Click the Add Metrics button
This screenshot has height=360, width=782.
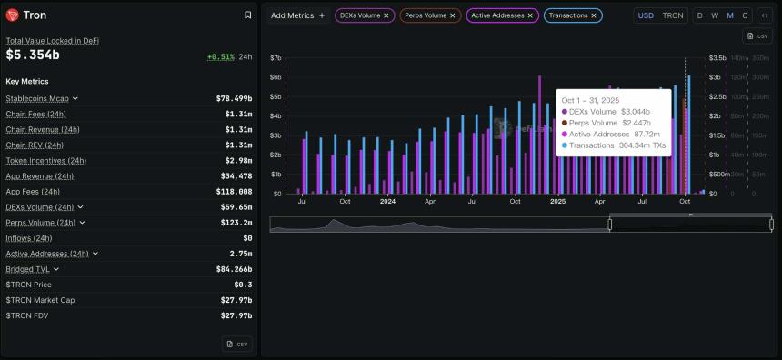[297, 15]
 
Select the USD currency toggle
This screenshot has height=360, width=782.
[646, 15]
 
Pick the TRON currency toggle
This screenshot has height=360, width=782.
[672, 15]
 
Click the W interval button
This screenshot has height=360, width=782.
[715, 15]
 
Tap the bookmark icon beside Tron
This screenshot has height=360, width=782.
[248, 15]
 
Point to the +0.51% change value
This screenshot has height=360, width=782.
[220, 56]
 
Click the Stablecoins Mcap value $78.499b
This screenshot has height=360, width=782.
[234, 98]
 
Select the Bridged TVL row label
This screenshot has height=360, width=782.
[27, 269]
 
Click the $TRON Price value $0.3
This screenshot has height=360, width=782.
[244, 285]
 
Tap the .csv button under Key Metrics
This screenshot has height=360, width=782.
[237, 344]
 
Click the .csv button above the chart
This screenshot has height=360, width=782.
[757, 36]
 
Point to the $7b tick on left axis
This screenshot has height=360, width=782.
[276, 58]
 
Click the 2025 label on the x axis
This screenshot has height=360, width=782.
[558, 201]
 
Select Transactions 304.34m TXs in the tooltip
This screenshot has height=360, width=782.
[616, 145]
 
